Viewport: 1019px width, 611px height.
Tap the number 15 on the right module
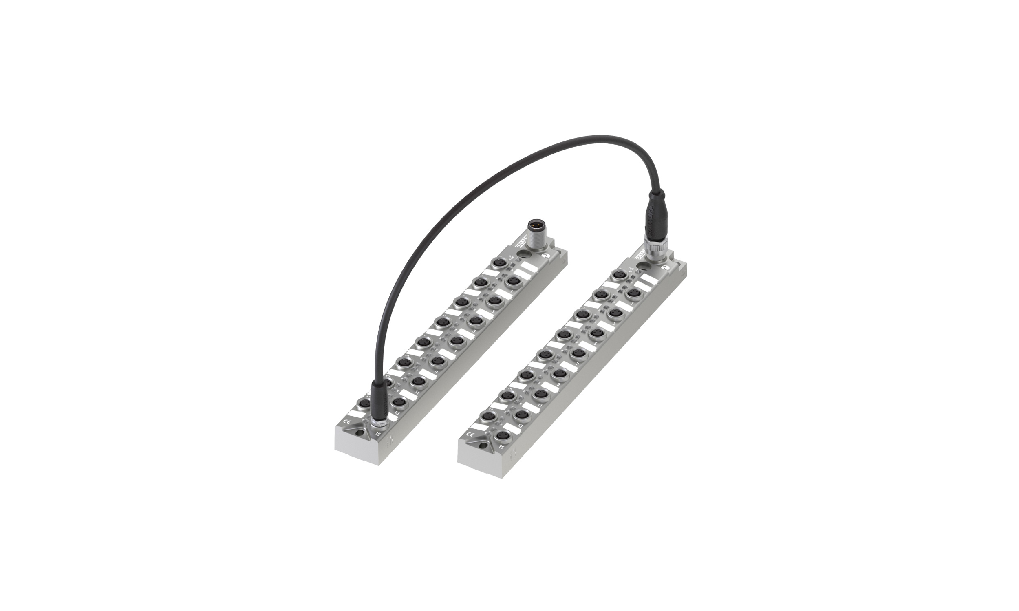click(x=501, y=447)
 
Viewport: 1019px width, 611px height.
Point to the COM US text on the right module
click(x=631, y=271)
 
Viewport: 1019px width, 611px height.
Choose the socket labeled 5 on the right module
click(x=598, y=332)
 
